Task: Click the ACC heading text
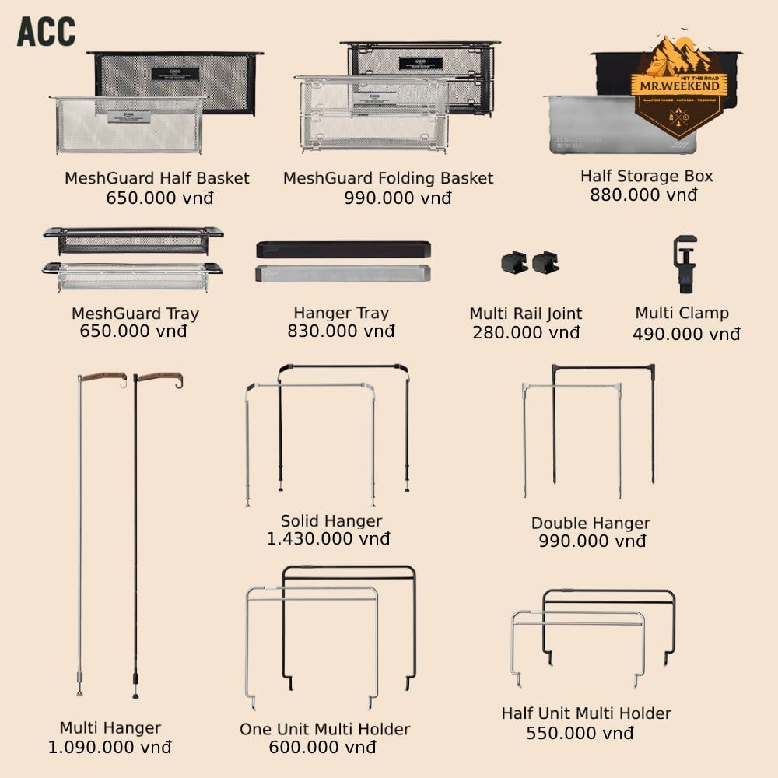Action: [46, 31]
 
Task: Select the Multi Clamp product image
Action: [683, 265]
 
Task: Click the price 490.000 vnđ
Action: [686, 335]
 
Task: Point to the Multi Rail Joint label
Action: [526, 314]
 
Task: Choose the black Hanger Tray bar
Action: [343, 250]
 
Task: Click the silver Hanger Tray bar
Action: [343, 273]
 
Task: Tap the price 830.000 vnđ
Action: [341, 331]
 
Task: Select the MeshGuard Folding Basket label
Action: [388, 178]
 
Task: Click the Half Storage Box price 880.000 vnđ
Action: [643, 194]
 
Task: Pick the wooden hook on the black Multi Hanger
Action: [159, 378]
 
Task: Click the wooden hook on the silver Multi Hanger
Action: [104, 377]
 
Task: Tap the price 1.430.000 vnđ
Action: [328, 538]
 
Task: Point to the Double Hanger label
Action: [591, 523]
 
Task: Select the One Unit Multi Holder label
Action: [324, 729]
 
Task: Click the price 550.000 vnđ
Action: [580, 733]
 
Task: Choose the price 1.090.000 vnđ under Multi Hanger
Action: [110, 748]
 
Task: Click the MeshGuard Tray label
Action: [135, 314]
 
